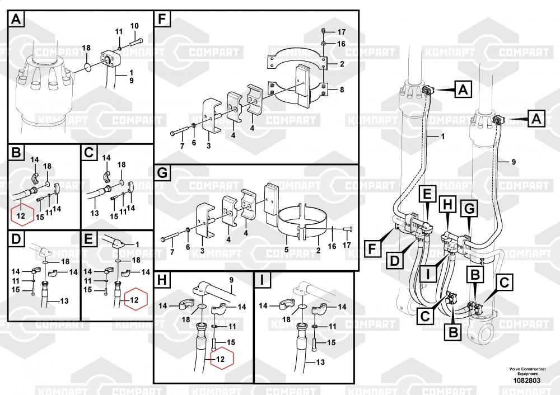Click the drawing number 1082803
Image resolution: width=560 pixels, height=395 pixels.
pyautogui.click(x=527, y=380)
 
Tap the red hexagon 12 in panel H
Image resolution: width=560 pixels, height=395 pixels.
pyautogui.click(x=222, y=358)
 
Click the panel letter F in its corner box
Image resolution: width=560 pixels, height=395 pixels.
pyautogui.click(x=162, y=19)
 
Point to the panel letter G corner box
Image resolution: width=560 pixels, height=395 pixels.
pyautogui.click(x=162, y=173)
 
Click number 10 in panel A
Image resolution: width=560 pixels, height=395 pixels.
pyautogui.click(x=134, y=26)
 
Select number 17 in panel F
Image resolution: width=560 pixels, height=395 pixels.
pyautogui.click(x=342, y=32)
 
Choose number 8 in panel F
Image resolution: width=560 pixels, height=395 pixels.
pyautogui.click(x=342, y=90)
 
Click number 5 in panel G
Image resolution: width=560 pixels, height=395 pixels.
pyautogui.click(x=286, y=250)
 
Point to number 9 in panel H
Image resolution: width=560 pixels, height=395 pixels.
pyautogui.click(x=231, y=280)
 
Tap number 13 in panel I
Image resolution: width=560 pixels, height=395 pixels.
pyautogui.click(x=320, y=362)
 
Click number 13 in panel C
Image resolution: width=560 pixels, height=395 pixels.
pyautogui.click(x=94, y=213)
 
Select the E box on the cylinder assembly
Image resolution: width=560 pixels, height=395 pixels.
pyautogui.click(x=427, y=195)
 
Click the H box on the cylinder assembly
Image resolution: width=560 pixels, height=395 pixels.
pyautogui.click(x=447, y=205)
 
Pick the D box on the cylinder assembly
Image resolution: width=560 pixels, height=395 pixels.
pyautogui.click(x=394, y=261)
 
